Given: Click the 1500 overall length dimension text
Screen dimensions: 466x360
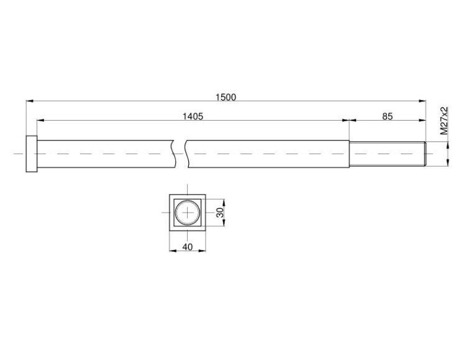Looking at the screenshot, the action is pyautogui.click(x=226, y=97).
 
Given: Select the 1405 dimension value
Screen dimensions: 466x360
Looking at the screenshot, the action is pyautogui.click(x=193, y=116).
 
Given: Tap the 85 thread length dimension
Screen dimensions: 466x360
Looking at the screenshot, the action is pyautogui.click(x=387, y=116).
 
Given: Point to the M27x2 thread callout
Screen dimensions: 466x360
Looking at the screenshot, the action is pyautogui.click(x=444, y=121).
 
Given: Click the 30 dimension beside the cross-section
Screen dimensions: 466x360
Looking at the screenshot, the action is pyautogui.click(x=219, y=213).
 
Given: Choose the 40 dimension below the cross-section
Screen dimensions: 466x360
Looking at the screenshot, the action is pyautogui.click(x=187, y=247).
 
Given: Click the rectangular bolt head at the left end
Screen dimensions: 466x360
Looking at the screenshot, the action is pyautogui.click(x=32, y=154).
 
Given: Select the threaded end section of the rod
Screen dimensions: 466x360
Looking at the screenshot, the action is pyautogui.click(x=388, y=154).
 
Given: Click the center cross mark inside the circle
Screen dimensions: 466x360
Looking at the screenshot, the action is pyautogui.click(x=187, y=213).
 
